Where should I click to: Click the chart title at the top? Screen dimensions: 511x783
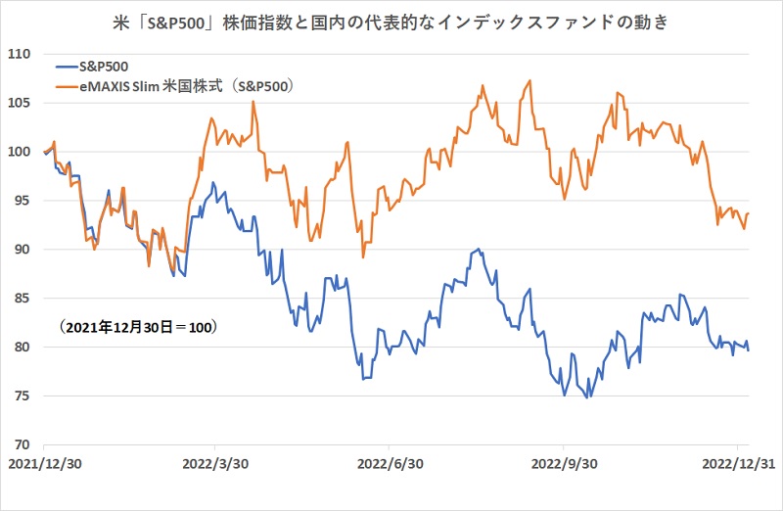pos(391,21)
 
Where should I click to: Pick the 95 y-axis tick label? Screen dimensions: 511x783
pos(23,201)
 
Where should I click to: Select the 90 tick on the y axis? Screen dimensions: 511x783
pos(23,250)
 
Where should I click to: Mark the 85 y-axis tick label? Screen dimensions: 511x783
pos(23,298)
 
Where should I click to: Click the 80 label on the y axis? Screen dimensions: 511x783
pos(23,347)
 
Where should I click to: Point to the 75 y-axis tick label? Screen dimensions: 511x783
pos(23,395)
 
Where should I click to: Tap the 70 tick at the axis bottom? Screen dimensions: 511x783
pos(23,444)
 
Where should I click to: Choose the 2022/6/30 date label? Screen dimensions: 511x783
pos(390,462)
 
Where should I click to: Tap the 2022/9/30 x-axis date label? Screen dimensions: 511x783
pos(565,462)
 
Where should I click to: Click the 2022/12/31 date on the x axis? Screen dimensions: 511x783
pos(739,462)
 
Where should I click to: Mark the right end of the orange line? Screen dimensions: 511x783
pos(749,213)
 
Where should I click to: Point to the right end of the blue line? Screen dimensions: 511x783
pos(749,349)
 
